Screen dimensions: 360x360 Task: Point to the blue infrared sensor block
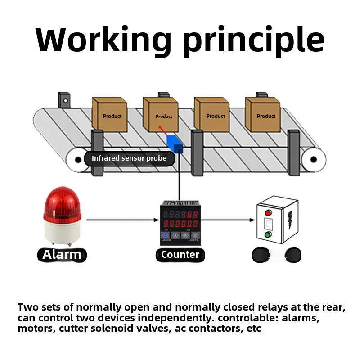(x=174, y=144)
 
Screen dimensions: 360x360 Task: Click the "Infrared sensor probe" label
(x=129, y=158)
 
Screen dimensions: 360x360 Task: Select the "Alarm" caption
(x=62, y=255)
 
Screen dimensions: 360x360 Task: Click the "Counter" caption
(x=180, y=255)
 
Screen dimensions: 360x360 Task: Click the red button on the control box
(x=269, y=213)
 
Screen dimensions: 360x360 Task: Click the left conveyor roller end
(x=75, y=159)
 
